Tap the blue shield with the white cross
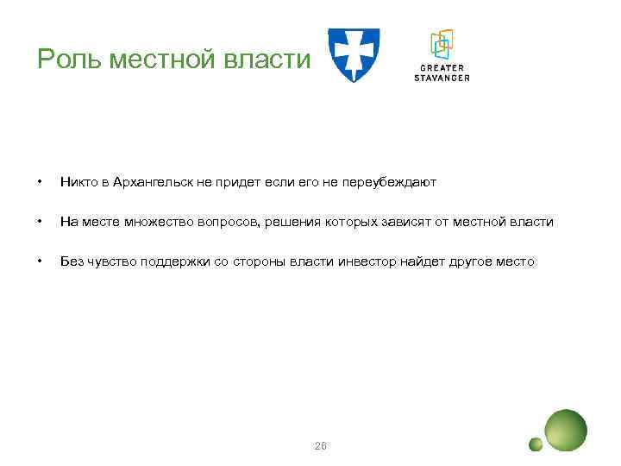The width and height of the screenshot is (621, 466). tap(353, 54)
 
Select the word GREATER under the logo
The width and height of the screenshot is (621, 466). tap(441, 68)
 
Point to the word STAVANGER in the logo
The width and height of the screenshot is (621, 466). tap(441, 78)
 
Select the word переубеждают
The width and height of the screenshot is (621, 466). tap(394, 182)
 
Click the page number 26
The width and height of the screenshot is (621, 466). tap(321, 445)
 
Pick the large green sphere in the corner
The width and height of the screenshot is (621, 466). tap(566, 430)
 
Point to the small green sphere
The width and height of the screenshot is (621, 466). tap(536, 444)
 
